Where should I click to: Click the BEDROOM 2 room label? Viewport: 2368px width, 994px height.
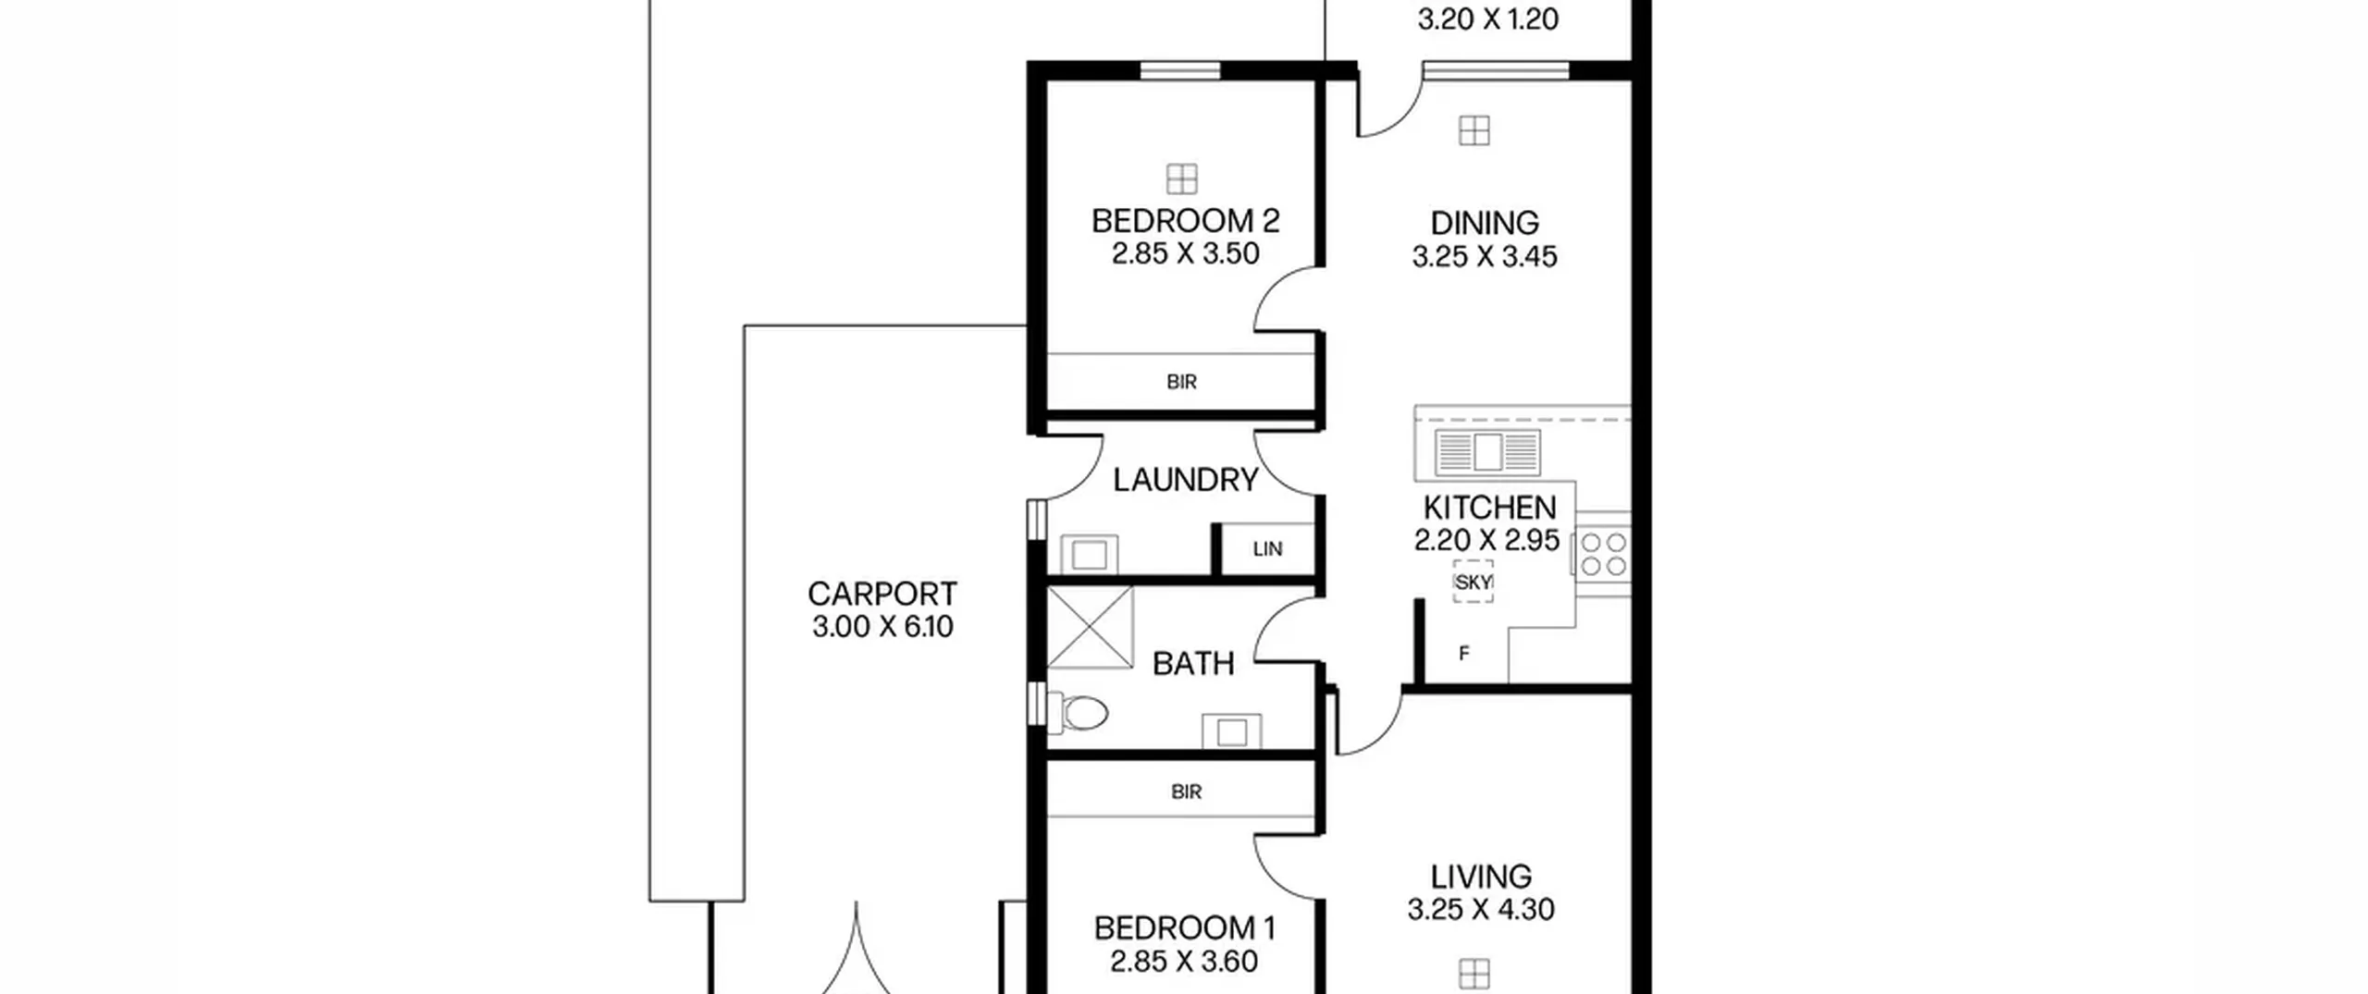point(1185,221)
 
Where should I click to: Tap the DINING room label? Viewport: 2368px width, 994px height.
point(1485,223)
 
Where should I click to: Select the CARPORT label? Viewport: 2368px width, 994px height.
point(882,594)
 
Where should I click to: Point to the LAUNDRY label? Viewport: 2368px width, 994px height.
point(1185,480)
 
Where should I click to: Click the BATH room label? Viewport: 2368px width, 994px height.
point(1193,664)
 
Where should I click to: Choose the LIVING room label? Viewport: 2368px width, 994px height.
point(1481,877)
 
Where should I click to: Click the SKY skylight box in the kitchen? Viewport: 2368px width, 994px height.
point(1473,583)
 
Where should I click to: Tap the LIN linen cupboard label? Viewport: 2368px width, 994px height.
point(1267,549)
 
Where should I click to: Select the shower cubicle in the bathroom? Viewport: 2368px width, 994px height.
point(1090,626)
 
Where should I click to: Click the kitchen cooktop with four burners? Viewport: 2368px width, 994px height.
point(1603,554)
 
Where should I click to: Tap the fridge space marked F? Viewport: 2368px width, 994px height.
point(1463,654)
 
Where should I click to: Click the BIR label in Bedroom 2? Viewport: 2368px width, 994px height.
point(1181,382)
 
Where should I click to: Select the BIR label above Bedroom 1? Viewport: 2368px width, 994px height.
point(1186,792)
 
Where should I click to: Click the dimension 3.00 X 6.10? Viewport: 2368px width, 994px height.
point(882,627)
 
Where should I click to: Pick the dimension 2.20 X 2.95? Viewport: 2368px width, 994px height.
point(1486,540)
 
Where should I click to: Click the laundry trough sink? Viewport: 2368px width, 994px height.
point(1089,555)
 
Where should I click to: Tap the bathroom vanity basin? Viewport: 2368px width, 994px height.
point(1231,731)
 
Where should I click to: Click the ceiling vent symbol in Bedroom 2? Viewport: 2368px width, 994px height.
point(1181,179)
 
